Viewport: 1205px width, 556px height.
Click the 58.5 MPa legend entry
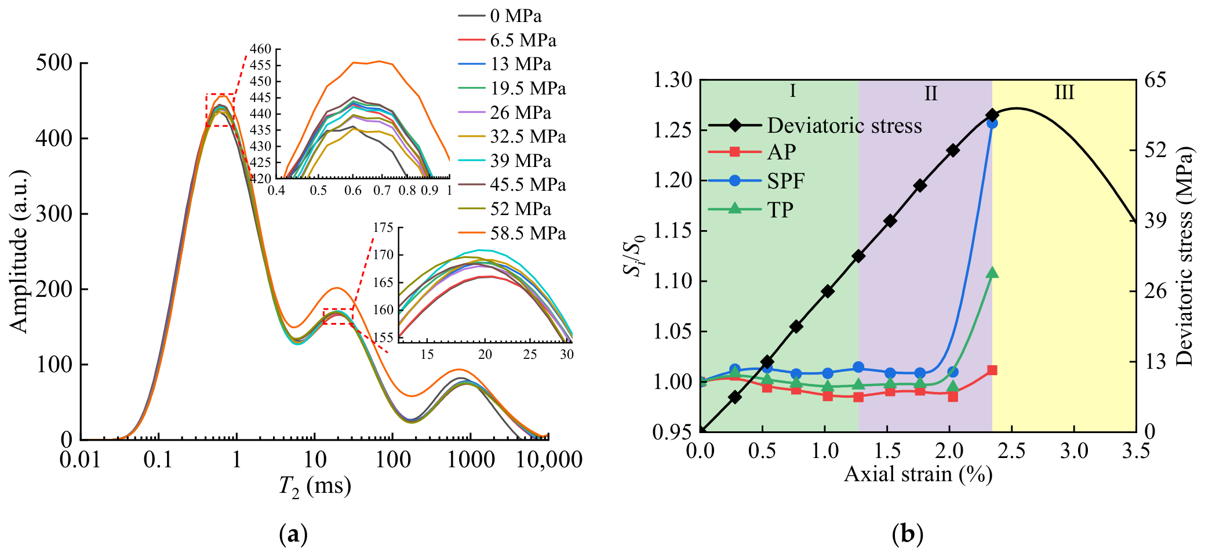pyautogui.click(x=512, y=233)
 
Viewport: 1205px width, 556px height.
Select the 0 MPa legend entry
pyautogui.click(x=500, y=16)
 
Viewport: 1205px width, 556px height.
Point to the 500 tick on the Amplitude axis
pyautogui.click(x=54, y=63)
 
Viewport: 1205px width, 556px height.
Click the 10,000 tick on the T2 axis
pyautogui.click(x=549, y=460)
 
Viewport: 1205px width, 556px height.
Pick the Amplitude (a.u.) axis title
pyautogui.click(x=19, y=251)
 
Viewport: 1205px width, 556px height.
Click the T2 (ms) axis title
pyautogui.click(x=315, y=486)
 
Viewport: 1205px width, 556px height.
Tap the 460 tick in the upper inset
pyautogui.click(x=261, y=49)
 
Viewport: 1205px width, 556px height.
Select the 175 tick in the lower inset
pyautogui.click(x=383, y=227)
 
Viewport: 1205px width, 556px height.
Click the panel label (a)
pyautogui.click(x=293, y=533)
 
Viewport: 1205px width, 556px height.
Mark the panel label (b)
pyautogui.click(x=908, y=533)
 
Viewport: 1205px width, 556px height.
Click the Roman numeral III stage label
pyautogui.click(x=1064, y=92)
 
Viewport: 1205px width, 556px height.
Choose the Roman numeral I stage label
pyautogui.click(x=792, y=91)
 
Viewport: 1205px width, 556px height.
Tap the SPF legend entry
pyautogui.click(x=756, y=181)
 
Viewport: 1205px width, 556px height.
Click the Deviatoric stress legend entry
pyautogui.click(x=815, y=125)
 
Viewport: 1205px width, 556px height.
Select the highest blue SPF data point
pyautogui.click(x=992, y=123)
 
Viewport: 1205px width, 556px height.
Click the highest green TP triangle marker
pyautogui.click(x=992, y=272)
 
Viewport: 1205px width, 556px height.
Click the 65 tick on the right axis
pyautogui.click(x=1155, y=80)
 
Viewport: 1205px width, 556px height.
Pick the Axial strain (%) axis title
pyautogui.click(x=918, y=474)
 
